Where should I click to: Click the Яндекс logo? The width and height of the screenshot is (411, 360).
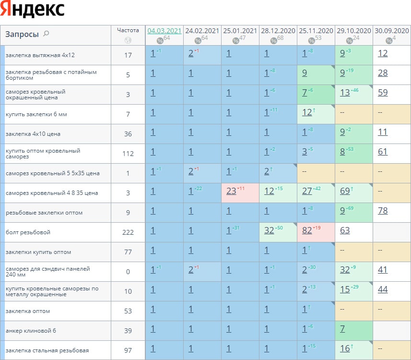33,10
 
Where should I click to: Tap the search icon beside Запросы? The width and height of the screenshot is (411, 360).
47,34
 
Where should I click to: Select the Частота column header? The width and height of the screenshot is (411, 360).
128,30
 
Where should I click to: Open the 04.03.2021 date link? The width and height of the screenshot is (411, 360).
164,31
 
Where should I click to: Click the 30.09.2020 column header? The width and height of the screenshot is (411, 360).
392,31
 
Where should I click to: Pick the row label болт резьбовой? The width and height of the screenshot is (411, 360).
28,232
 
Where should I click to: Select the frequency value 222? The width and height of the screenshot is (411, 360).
128,232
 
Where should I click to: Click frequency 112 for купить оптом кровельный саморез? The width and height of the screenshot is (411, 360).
128,154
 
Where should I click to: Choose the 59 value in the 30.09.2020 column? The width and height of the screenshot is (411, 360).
383,93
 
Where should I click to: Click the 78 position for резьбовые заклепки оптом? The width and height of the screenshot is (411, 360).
383,211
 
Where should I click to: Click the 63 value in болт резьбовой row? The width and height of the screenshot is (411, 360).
345,230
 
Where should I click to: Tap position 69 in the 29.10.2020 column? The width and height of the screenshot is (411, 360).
345,191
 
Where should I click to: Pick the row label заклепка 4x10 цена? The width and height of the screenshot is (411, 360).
33,134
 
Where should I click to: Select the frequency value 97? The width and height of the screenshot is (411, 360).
128,350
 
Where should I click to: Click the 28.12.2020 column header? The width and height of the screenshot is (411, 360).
278,31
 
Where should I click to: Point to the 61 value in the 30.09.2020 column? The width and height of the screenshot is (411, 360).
383,152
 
